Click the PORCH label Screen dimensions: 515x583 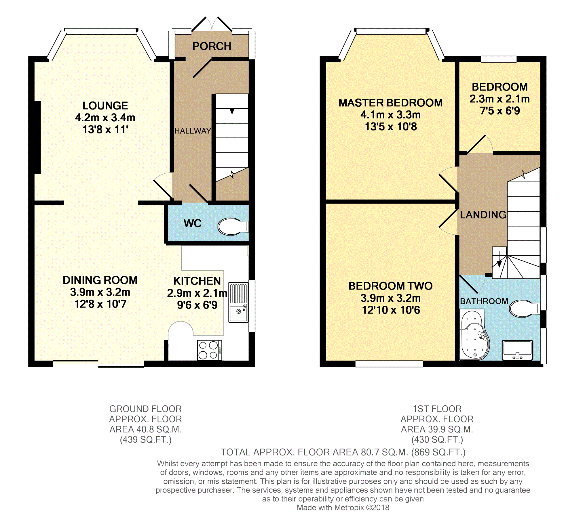(x=212, y=46)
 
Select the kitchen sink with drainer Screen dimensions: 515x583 (x=238, y=302)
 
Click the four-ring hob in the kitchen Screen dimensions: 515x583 (x=209, y=350)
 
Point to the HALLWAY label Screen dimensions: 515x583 (x=193, y=131)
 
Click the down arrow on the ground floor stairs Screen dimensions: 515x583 (x=232, y=106)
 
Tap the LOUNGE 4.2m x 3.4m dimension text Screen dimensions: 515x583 (x=105, y=118)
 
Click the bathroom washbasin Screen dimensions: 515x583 (x=517, y=350)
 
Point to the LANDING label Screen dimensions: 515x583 (x=483, y=215)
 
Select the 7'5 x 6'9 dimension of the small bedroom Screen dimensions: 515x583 (x=500, y=111)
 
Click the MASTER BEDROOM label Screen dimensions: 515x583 (x=390, y=103)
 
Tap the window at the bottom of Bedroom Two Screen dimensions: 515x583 (x=389, y=364)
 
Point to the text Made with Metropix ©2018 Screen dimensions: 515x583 (x=343, y=508)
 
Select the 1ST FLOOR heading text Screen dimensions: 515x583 (x=437, y=409)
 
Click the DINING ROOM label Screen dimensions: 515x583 (x=100, y=280)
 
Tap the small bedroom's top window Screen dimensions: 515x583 (x=499, y=59)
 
